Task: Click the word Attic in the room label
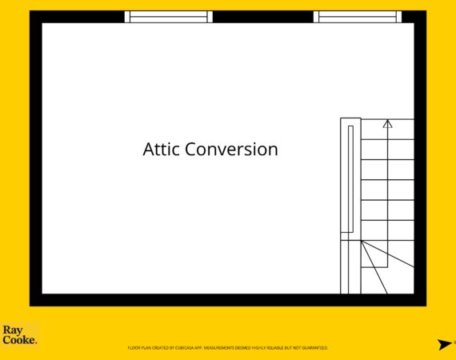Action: pos(161,149)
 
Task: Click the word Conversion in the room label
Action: pos(231,149)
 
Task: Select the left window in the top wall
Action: pos(168,17)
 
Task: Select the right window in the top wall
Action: pos(358,17)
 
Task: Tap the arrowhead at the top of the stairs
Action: pos(387,124)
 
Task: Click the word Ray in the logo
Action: pos(13,330)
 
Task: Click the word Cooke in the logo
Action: pos(18,340)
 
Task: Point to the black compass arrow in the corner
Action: pos(445,344)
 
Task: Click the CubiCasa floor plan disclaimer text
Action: pos(228,348)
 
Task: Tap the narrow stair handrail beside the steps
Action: pos(350,179)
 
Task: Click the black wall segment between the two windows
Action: pos(263,17)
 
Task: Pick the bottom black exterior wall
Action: pos(228,300)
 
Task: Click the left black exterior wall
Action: pos(36,158)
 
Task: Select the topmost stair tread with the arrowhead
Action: pos(387,129)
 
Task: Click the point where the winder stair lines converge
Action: pos(361,241)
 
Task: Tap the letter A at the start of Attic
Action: pos(148,149)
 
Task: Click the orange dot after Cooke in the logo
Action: pos(36,343)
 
